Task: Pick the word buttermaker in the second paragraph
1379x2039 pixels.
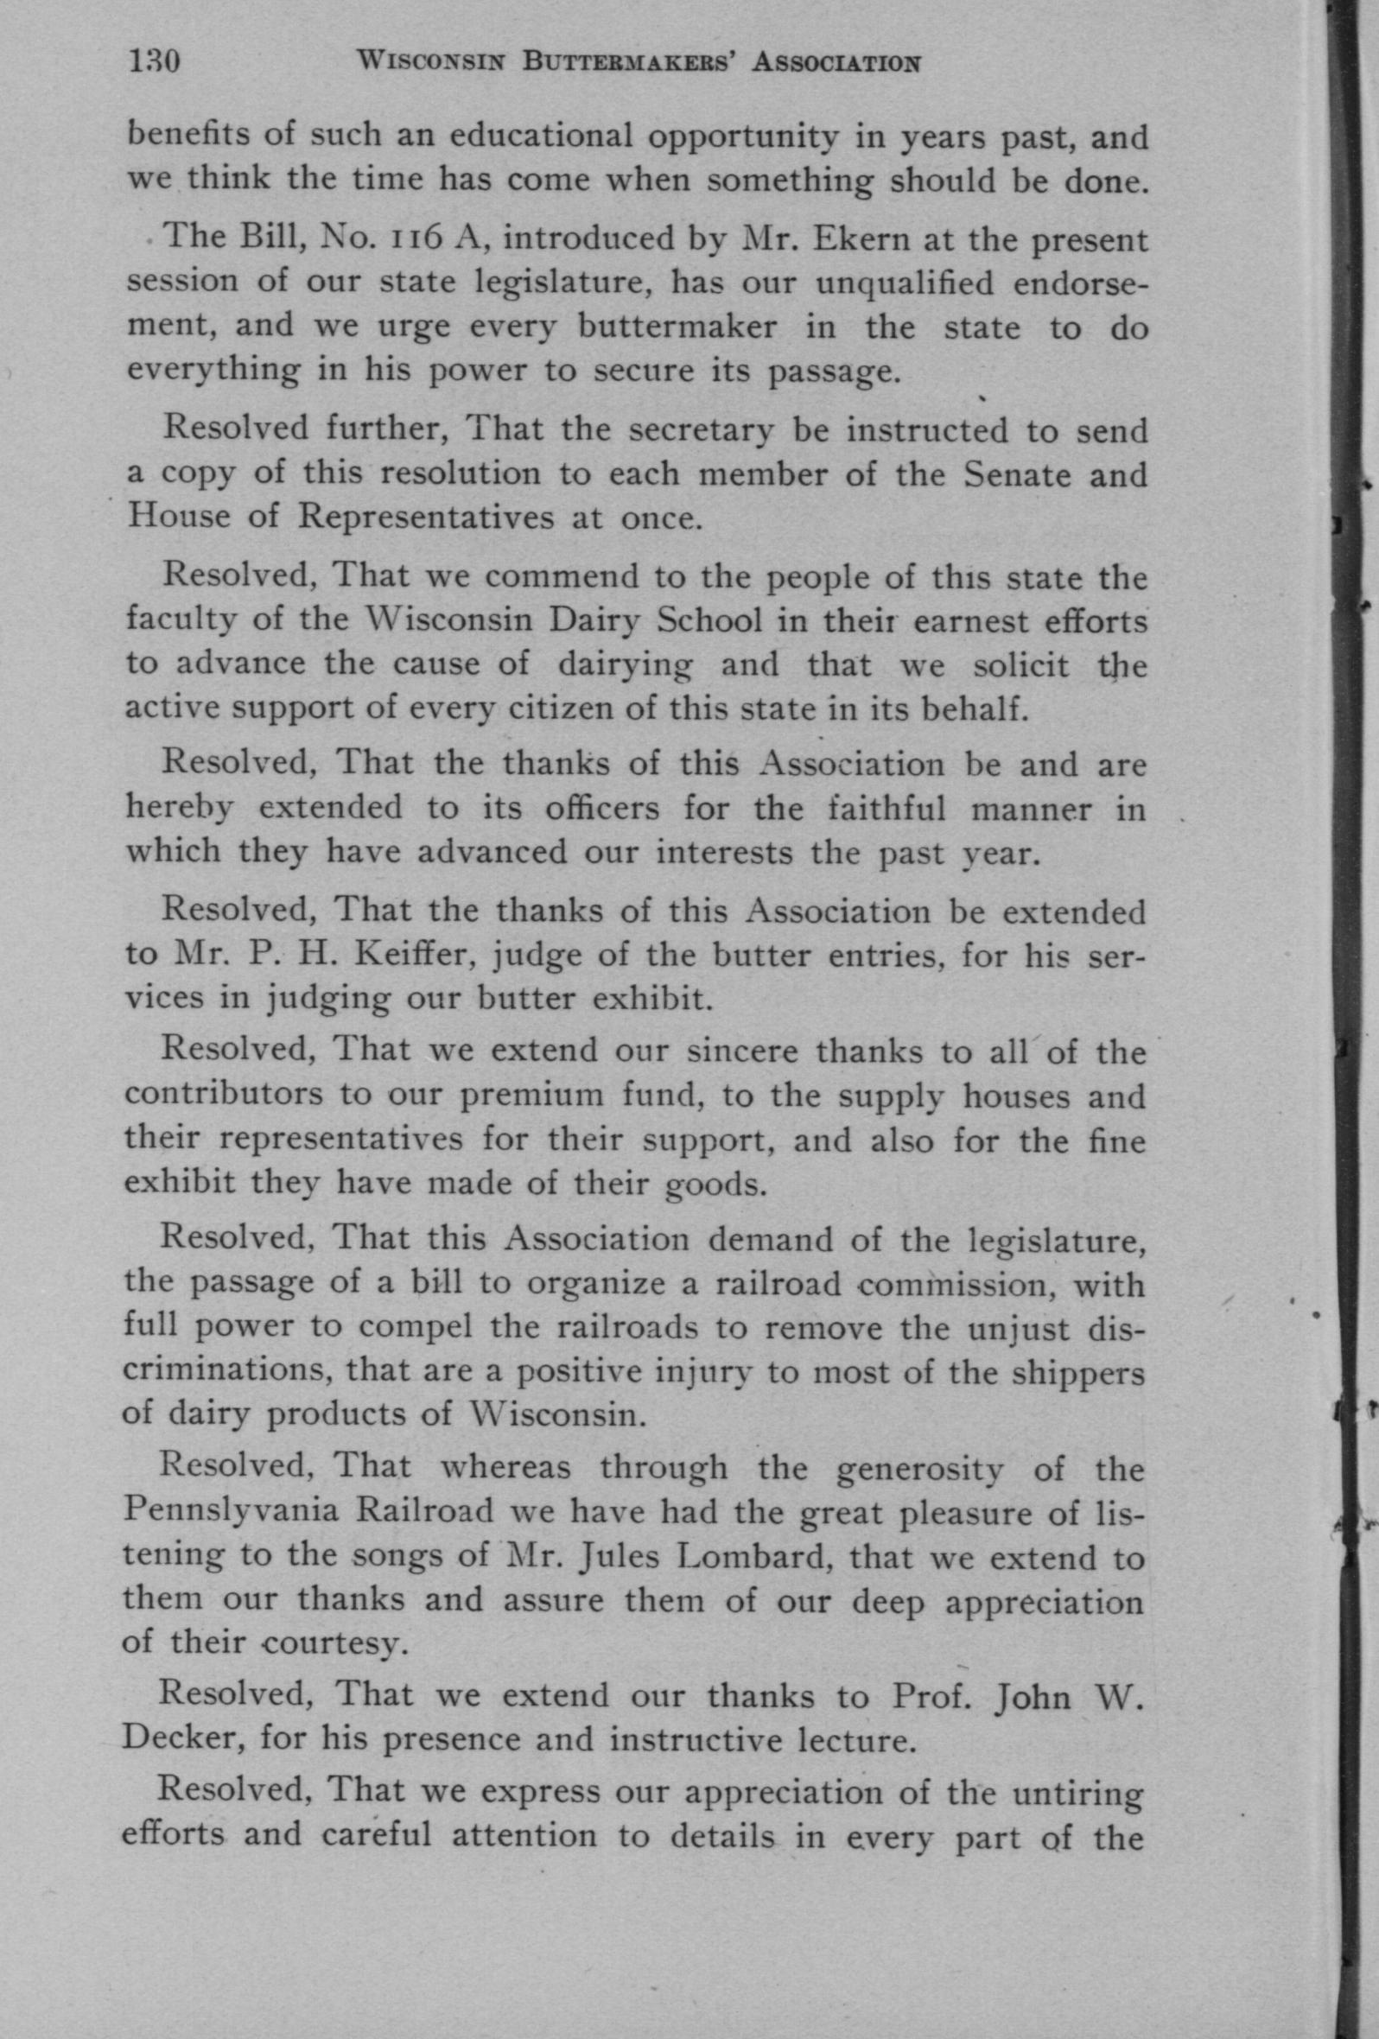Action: point(677,327)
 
